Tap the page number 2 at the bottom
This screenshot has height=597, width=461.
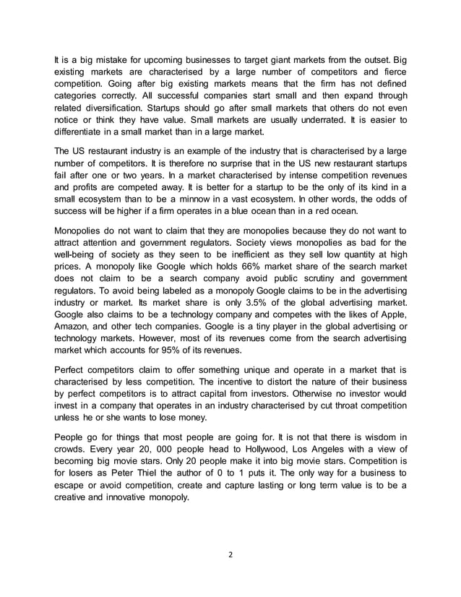coord(231,557)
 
